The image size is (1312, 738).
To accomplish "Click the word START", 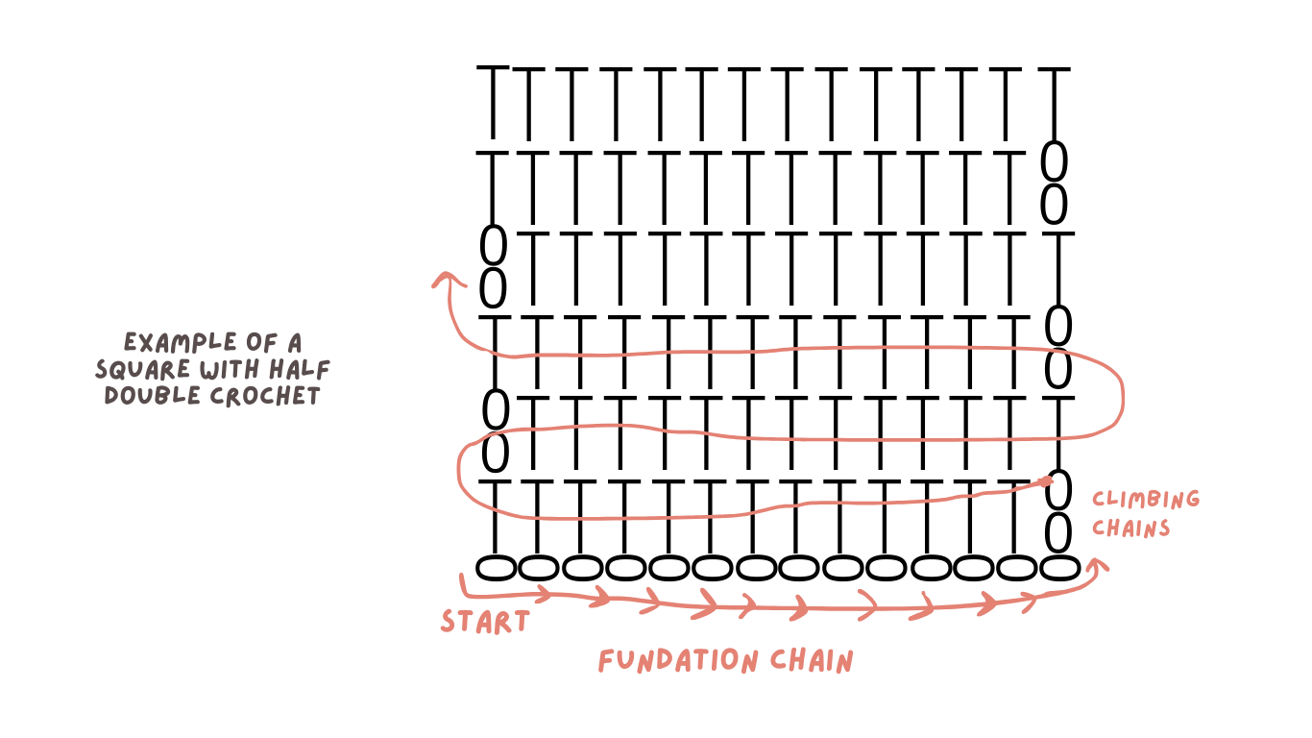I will tap(484, 622).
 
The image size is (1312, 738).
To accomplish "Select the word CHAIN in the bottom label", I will tap(812, 661).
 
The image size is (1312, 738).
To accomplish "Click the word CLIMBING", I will tap(1146, 500).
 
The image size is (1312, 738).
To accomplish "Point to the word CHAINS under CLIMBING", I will tap(1130, 529).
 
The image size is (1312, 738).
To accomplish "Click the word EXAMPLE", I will tap(181, 343).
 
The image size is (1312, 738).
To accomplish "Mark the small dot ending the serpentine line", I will tap(1047, 480).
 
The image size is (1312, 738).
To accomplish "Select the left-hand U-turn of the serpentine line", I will tap(459, 471).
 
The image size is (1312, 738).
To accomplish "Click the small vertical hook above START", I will tap(462, 583).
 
